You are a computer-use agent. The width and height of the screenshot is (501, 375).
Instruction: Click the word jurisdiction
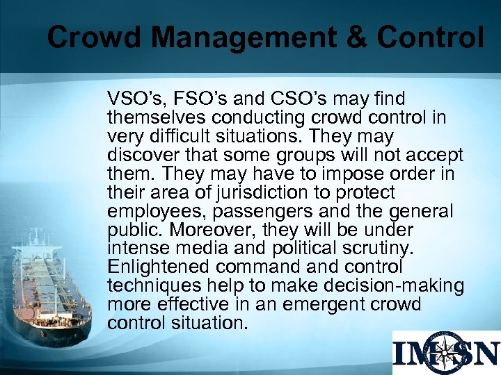[x=265, y=192]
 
